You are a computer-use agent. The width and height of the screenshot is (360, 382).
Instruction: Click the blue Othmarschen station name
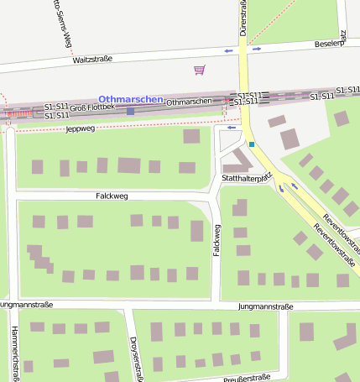pos(130,99)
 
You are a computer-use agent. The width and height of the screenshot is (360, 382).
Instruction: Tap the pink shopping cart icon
pos(199,70)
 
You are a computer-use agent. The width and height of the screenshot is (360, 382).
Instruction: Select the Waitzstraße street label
pos(92,60)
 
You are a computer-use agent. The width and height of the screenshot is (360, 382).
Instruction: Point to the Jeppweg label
pos(81,129)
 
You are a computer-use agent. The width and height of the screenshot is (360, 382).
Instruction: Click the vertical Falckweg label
pos(217,238)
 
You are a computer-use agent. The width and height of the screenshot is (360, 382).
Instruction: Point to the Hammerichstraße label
pos(15,353)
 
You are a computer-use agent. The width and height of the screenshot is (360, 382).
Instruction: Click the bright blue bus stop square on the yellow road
pos(251,144)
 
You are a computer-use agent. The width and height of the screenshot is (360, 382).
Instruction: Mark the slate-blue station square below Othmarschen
pos(130,111)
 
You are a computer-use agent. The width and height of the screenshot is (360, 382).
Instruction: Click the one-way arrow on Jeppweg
pos(231,128)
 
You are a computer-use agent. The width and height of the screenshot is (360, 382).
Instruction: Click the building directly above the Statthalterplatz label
pos(241,160)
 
